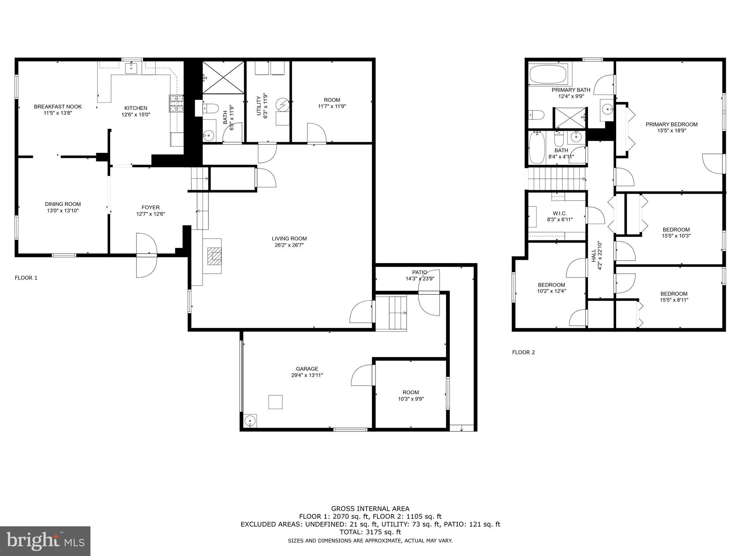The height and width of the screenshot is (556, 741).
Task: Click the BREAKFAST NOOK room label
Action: (58, 106)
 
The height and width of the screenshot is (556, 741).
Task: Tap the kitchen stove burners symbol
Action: (176, 104)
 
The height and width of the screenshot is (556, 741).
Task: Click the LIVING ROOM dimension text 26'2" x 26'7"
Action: (289, 245)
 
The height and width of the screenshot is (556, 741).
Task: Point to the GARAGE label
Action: (307, 369)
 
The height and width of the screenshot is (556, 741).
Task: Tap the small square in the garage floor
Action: (275, 402)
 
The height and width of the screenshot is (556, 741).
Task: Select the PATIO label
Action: (419, 272)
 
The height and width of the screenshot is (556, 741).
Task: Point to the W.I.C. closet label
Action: (559, 213)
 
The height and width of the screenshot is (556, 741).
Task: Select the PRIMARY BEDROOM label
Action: (672, 124)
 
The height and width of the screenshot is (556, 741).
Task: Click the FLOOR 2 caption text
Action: (523, 352)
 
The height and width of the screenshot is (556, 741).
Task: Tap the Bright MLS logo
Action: (45, 541)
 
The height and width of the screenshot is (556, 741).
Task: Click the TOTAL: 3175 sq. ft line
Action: (370, 532)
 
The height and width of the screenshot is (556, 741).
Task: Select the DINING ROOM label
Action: (63, 204)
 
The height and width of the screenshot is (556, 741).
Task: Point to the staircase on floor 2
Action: (557, 178)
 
